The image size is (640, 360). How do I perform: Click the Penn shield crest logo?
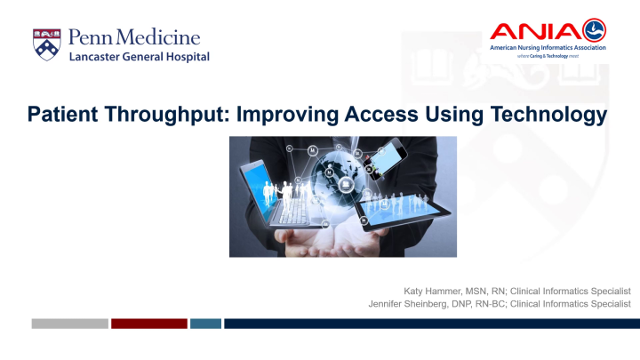47,44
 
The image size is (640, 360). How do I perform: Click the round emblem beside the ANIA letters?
594,31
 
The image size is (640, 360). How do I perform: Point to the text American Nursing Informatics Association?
548,48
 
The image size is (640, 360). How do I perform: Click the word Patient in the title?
61,115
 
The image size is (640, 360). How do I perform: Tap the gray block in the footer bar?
69,324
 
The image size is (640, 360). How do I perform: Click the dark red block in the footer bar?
148,324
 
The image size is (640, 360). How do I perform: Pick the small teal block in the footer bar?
205,324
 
